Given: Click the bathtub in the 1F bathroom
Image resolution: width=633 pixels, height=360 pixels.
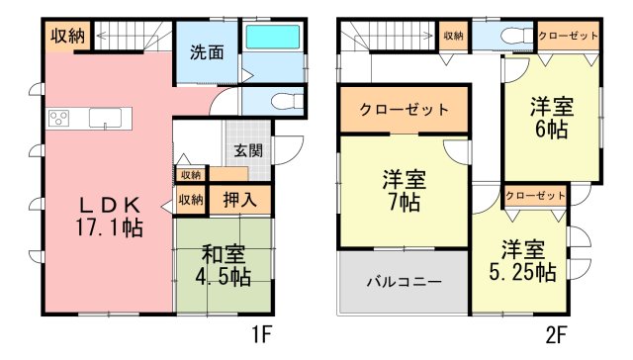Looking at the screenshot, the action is pyautogui.click(x=273, y=37).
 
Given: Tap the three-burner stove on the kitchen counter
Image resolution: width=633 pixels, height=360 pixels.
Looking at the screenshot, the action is pyautogui.click(x=58, y=119).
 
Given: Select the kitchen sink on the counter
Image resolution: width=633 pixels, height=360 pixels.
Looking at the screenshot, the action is pyautogui.click(x=105, y=119).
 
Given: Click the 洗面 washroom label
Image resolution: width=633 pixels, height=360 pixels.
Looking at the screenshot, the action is pyautogui.click(x=207, y=52).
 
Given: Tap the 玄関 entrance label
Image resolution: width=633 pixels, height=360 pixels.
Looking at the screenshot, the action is pyautogui.click(x=248, y=151).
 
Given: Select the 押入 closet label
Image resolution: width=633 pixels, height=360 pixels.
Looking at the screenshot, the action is pyautogui.click(x=239, y=200).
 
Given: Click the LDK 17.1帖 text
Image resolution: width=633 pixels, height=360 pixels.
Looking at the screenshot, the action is pyautogui.click(x=110, y=217).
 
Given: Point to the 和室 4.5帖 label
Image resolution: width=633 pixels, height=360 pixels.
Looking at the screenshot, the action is pyautogui.click(x=224, y=266).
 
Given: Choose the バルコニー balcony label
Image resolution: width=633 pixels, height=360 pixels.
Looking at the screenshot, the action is pyautogui.click(x=405, y=281).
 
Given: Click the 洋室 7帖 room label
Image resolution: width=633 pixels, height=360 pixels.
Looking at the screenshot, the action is pyautogui.click(x=405, y=191).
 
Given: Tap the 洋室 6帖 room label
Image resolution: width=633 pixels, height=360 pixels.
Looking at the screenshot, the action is pyautogui.click(x=552, y=118).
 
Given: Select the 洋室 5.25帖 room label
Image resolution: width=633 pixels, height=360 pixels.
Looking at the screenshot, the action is pyautogui.click(x=523, y=261).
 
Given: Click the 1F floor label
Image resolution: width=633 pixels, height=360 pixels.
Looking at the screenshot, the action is pyautogui.click(x=262, y=334).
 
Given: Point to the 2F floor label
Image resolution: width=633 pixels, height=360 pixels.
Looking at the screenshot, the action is pyautogui.click(x=557, y=334).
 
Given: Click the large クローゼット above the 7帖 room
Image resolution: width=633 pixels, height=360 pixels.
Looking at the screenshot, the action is pyautogui.click(x=405, y=110).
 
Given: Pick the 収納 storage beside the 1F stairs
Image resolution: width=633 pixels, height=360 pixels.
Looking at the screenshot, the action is pyautogui.click(x=67, y=37).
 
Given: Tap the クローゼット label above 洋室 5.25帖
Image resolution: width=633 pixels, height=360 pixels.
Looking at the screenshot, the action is pyautogui.click(x=535, y=196).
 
